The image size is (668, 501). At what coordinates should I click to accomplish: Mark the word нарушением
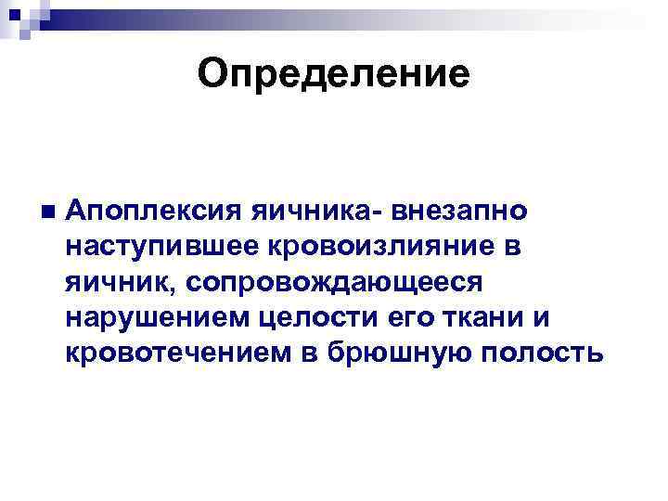(149, 317)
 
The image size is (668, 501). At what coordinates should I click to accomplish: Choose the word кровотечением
(177, 353)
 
